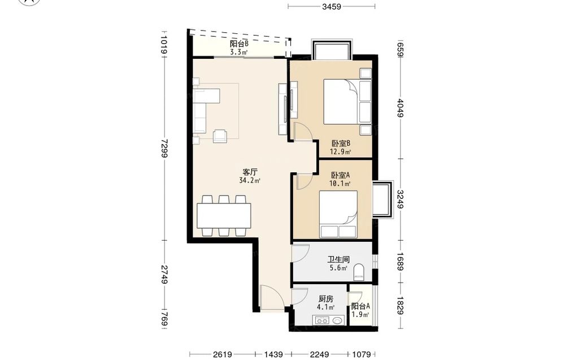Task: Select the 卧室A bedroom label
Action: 341,175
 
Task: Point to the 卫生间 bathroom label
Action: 338,259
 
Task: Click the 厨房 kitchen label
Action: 326,299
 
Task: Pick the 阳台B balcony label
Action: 239,44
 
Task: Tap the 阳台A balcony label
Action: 360,306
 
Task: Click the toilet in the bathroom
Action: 359,272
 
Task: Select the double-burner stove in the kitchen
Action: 322,320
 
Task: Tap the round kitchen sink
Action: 338,320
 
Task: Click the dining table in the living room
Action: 224,215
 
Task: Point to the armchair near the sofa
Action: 220,136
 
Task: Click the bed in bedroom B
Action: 347,102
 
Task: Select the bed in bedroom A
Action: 338,214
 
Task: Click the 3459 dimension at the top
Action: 332,6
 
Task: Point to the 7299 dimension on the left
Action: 164,149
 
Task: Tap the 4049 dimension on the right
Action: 401,108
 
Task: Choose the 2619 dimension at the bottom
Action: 222,354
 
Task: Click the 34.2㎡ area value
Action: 250,180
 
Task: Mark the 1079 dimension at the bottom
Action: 361,354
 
